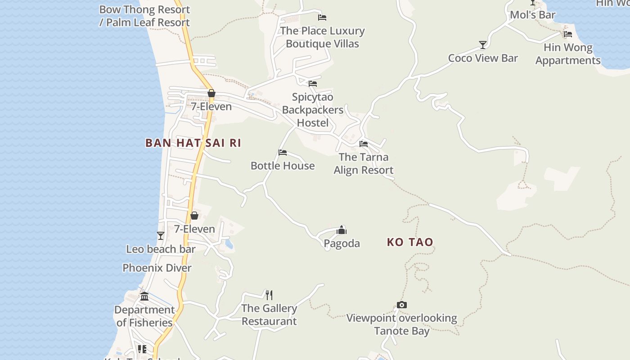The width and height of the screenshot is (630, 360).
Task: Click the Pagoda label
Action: [342, 243]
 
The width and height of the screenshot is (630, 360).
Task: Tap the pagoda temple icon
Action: [342, 230]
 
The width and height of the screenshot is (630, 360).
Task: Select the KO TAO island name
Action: [410, 242]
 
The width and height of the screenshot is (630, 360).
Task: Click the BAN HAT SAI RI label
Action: [193, 143]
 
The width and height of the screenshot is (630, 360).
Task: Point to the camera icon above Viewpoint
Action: [402, 305]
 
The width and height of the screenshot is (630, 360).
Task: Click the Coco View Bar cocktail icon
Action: [483, 45]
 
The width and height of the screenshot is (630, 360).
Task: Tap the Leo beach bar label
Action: [161, 249]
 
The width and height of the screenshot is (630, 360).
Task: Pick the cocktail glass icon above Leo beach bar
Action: [161, 236]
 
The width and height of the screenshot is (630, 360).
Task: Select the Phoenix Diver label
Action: [157, 268]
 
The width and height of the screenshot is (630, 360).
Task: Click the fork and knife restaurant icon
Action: [269, 295]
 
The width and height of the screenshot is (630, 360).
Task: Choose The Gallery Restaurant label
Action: [269, 315]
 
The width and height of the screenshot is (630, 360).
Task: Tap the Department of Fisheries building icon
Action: [144, 297]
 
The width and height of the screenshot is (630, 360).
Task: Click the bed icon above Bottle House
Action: [283, 153]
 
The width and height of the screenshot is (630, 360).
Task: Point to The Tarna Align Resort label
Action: [364, 163]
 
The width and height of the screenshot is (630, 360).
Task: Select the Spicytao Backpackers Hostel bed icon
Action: [313, 84]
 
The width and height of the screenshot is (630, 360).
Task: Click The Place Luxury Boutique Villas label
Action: [322, 37]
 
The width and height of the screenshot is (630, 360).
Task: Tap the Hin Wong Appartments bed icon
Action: [568, 34]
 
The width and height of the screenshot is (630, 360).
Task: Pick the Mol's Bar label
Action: [532, 15]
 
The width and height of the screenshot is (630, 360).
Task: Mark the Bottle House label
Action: [283, 166]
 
